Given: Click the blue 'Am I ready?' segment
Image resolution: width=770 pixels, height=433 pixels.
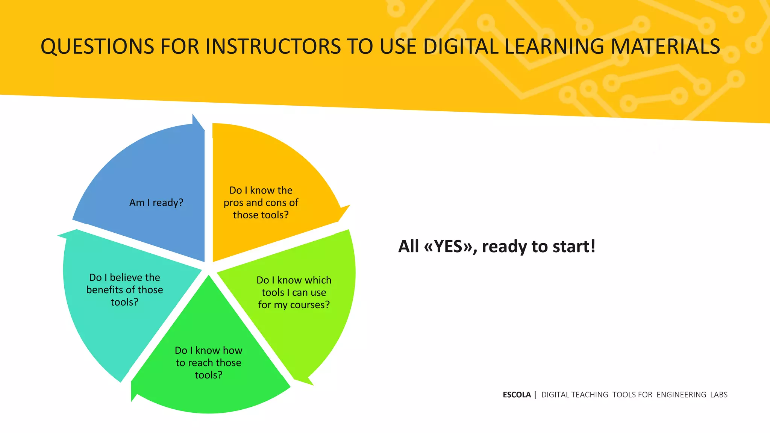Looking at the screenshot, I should pos(150,177).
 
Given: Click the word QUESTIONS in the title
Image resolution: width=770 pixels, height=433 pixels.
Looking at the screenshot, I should pos(97,47).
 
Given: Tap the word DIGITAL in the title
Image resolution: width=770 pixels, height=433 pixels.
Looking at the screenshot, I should pos(461,47).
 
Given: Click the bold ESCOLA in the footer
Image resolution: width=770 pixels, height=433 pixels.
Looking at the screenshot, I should pos(517,395).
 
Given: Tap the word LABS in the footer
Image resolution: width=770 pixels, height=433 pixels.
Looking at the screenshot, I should pos(718,395).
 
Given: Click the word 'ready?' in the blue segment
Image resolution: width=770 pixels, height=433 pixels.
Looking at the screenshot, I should pos(168,203).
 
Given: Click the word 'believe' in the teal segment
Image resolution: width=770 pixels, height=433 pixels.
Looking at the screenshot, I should pos(126,277).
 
